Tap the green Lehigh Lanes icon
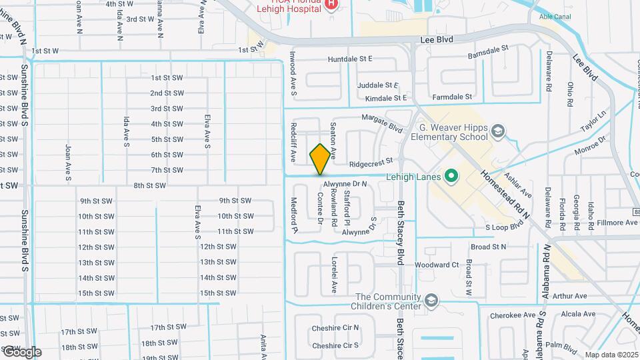coord(451,177)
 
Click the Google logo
coord(21,351)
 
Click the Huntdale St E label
coord(350,59)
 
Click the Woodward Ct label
coord(437,265)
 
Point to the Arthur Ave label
coord(569,295)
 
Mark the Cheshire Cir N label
coord(335,328)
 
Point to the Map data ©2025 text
coord(610,355)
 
